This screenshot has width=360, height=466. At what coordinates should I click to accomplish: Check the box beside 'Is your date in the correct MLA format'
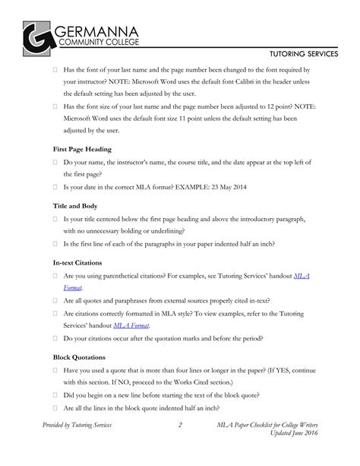tap(55, 186)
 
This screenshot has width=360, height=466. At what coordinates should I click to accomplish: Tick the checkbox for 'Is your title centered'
tap(55, 219)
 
